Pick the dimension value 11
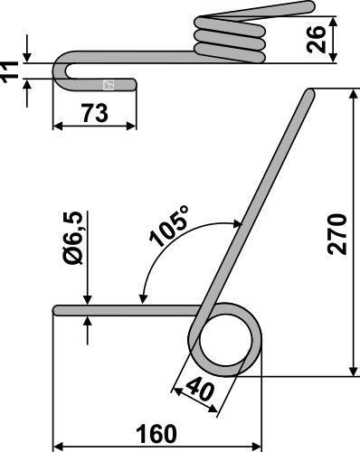point(11,71)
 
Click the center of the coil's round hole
point(224,344)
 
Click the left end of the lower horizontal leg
point(57,310)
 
